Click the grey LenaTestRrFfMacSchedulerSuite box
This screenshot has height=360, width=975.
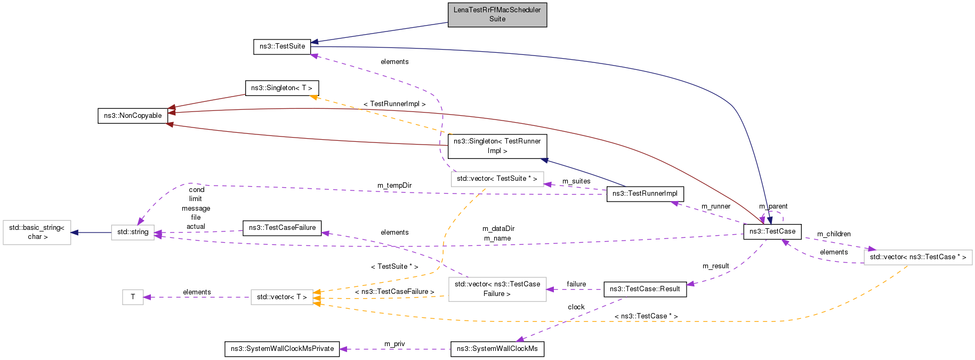[497, 14]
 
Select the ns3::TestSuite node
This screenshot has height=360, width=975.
[282, 46]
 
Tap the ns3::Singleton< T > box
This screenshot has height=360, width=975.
[281, 88]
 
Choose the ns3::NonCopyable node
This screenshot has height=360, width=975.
[133, 116]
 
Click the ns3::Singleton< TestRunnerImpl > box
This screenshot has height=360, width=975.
[497, 146]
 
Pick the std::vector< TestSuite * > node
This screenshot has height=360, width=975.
[497, 179]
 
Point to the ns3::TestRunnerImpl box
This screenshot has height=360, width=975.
[644, 194]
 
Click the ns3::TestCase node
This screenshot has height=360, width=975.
[772, 231]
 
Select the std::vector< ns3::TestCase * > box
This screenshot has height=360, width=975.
[917, 257]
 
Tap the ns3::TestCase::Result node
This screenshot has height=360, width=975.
[644, 289]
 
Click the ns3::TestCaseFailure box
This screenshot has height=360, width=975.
[282, 228]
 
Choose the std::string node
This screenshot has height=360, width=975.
[133, 232]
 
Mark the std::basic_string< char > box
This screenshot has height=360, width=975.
[37, 232]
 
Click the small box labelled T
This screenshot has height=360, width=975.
[133, 297]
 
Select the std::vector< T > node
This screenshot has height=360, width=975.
[281, 297]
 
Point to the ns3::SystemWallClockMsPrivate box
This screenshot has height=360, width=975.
[282, 349]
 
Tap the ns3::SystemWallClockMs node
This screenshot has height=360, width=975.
[497, 349]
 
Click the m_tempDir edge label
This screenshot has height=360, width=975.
[394, 186]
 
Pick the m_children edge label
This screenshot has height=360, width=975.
[834, 234]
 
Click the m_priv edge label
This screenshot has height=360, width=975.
[394, 344]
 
